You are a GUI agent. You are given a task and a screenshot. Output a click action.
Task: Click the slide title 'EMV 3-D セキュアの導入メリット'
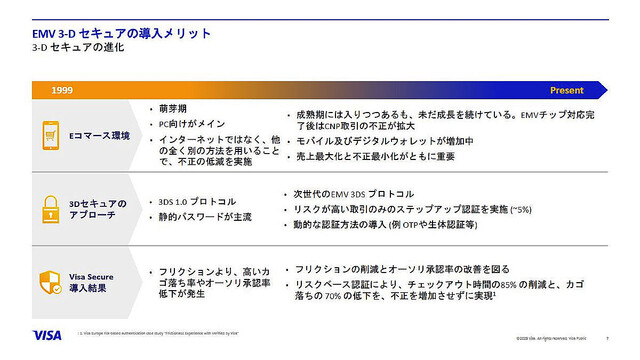[121, 33]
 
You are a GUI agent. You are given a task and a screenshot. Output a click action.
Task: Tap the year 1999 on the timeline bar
[63, 90]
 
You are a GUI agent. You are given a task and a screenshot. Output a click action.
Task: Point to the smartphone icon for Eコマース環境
[51, 134]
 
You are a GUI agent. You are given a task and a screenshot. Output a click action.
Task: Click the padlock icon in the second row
[51, 208]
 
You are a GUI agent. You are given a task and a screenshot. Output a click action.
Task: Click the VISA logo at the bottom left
[47, 336]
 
